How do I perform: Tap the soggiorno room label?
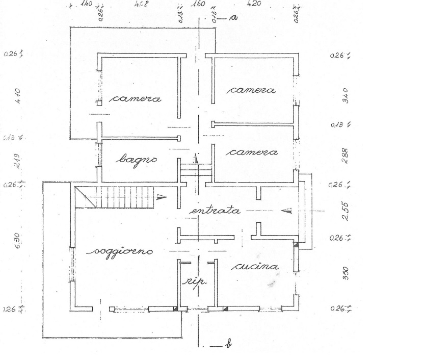click(124, 251)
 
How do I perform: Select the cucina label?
click(256, 267)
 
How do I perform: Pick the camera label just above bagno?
click(137, 98)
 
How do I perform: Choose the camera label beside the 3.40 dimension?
click(251, 90)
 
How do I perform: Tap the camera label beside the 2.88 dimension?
click(252, 152)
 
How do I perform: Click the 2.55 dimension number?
click(344, 211)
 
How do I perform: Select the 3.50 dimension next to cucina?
click(344, 274)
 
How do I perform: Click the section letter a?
click(234, 18)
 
